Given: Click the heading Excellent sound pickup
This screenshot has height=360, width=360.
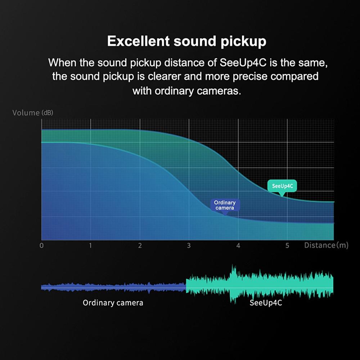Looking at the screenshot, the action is click(x=186, y=41).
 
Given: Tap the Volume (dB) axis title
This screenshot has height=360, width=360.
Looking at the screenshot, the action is click(x=33, y=113).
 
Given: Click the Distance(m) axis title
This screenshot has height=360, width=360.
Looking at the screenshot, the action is click(x=326, y=246).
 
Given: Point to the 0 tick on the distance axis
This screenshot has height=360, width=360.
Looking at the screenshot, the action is click(x=41, y=246).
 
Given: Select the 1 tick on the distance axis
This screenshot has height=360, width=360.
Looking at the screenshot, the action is click(x=90, y=246).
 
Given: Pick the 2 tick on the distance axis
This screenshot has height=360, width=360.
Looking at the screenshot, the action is click(x=140, y=246).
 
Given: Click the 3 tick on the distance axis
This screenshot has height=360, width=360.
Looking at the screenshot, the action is click(x=189, y=246).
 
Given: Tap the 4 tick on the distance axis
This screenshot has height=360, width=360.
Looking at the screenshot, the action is click(x=238, y=246).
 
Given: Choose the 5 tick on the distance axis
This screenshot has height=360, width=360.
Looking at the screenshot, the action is click(x=287, y=246).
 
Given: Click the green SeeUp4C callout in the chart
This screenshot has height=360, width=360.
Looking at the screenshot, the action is click(x=282, y=186).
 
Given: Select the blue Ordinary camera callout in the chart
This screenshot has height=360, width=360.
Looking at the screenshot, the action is click(x=225, y=205).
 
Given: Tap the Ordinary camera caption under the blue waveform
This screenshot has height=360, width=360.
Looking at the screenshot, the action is click(x=113, y=303).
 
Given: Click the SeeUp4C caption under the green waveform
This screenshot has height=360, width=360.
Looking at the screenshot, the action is click(x=266, y=303).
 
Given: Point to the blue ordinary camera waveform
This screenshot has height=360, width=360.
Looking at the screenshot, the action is click(x=113, y=287).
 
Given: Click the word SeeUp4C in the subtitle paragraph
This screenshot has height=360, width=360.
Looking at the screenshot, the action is click(x=243, y=63).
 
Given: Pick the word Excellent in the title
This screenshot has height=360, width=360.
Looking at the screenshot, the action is click(x=139, y=41).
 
